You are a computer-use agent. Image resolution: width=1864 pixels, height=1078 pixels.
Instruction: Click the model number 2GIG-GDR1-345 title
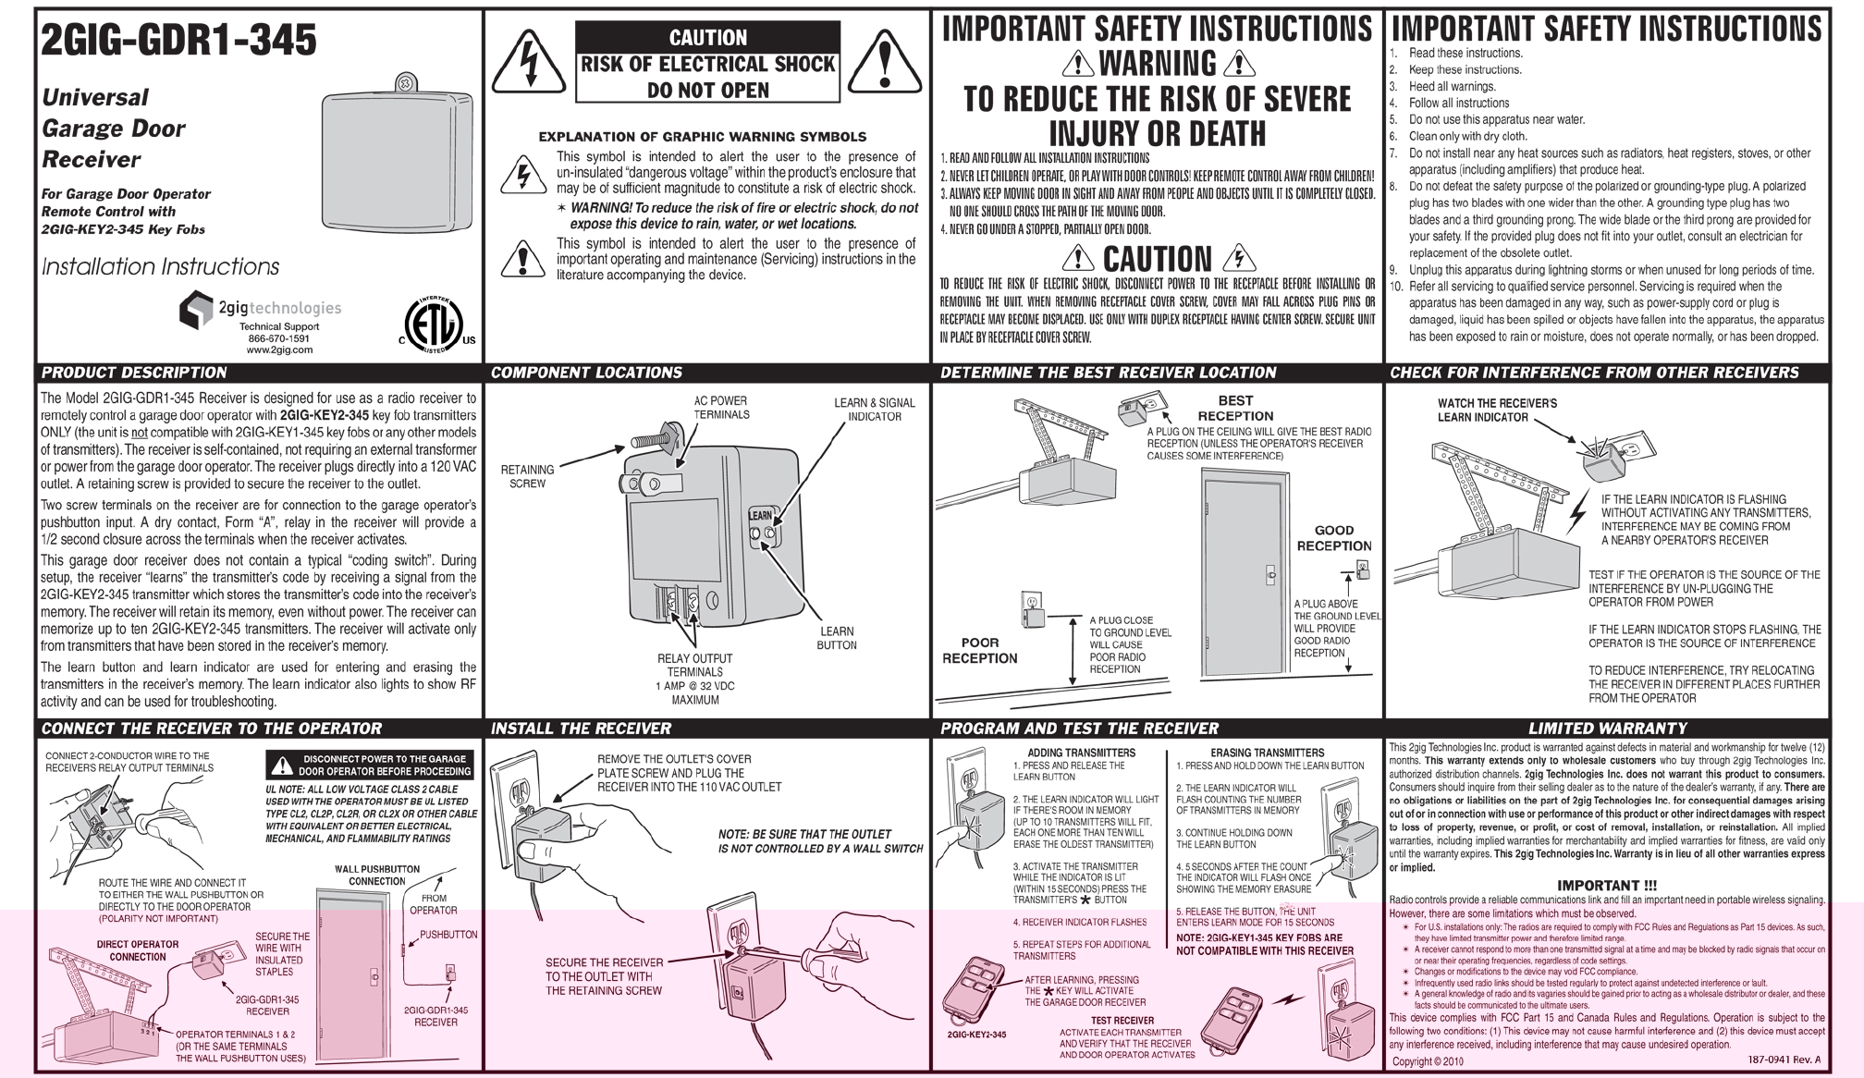click(179, 41)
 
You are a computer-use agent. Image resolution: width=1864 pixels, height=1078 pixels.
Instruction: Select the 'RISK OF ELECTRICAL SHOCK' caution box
click(707, 63)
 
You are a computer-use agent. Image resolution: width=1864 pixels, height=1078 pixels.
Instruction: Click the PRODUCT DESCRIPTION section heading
click(134, 373)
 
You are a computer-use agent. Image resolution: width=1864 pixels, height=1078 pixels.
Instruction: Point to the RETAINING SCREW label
click(527, 476)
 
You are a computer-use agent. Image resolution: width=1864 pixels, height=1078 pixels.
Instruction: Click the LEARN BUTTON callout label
click(836, 638)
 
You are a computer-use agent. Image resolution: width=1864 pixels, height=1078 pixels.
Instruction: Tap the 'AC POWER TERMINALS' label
click(721, 408)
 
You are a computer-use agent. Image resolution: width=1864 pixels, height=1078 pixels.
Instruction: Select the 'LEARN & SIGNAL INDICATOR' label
click(874, 410)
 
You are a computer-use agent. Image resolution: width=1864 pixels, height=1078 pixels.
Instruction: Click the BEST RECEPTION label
click(1235, 408)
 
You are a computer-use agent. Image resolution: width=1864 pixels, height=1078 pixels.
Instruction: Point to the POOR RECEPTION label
click(980, 650)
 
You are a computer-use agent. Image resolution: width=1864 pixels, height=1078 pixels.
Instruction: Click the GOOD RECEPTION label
click(1334, 538)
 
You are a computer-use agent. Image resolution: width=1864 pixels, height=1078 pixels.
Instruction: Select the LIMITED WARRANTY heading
click(1607, 729)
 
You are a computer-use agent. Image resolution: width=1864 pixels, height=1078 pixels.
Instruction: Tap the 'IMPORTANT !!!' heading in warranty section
click(1607, 885)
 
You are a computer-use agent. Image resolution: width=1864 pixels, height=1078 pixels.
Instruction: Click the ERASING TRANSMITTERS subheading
click(1267, 753)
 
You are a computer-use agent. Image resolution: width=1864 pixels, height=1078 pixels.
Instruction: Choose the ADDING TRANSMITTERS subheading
click(1081, 753)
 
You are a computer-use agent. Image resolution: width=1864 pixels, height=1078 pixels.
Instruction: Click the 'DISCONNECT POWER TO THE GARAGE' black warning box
click(370, 765)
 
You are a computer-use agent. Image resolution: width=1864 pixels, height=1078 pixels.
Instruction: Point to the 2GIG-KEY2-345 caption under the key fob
click(976, 1035)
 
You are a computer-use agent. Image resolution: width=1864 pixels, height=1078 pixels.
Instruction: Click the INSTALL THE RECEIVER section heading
click(581, 729)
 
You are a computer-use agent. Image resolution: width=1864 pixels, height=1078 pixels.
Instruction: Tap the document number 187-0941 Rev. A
click(1784, 1060)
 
